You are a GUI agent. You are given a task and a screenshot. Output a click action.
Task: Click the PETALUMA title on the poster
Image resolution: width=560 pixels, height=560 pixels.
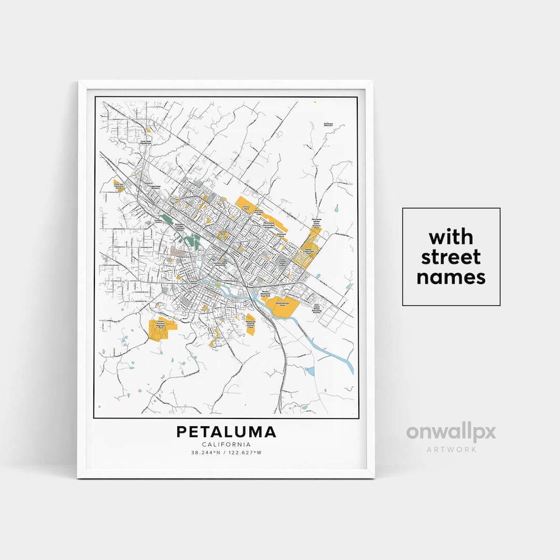tap(226, 432)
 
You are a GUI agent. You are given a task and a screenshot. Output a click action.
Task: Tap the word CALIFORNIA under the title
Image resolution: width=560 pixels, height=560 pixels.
tap(226, 444)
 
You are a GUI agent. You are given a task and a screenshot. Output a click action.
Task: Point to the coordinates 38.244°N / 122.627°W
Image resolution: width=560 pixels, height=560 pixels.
tap(226, 453)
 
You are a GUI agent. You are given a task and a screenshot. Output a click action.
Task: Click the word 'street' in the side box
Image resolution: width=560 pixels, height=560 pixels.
tap(451, 257)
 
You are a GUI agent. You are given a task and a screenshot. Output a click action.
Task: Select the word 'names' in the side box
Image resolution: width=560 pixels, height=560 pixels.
tap(451, 277)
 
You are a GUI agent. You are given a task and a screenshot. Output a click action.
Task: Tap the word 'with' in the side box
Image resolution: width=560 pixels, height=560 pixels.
tap(451, 237)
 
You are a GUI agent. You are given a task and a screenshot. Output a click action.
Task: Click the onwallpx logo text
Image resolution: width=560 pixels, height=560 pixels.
tap(451, 432)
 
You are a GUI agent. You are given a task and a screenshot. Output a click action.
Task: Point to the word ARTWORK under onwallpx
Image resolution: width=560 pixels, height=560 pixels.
tap(451, 449)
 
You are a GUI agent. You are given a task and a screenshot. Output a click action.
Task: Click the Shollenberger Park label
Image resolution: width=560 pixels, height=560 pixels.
tap(281, 304)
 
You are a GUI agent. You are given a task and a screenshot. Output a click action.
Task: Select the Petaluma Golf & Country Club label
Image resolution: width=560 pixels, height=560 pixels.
tap(251, 324)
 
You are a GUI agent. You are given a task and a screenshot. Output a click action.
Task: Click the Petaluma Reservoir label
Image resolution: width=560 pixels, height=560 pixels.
tap(328, 124)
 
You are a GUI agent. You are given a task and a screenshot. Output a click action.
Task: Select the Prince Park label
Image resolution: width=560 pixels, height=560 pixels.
tap(247, 207)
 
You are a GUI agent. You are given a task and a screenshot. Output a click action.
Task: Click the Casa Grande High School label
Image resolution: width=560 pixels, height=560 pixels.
tap(283, 263)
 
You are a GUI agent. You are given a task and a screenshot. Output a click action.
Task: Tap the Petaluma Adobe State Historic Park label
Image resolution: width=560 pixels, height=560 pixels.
tap(316, 223)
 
